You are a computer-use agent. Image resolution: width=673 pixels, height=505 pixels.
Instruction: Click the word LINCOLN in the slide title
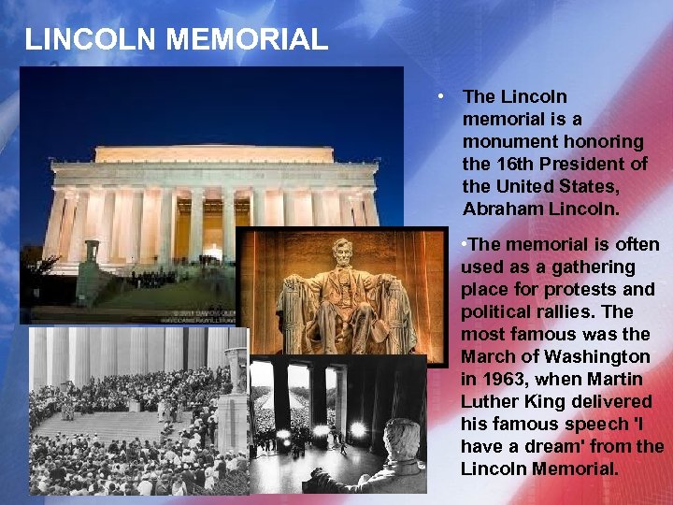(x=81, y=39)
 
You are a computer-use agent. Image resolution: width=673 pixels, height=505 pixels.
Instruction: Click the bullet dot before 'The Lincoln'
(x=437, y=96)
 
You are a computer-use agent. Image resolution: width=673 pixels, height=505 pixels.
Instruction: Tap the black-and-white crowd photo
(x=122, y=411)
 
